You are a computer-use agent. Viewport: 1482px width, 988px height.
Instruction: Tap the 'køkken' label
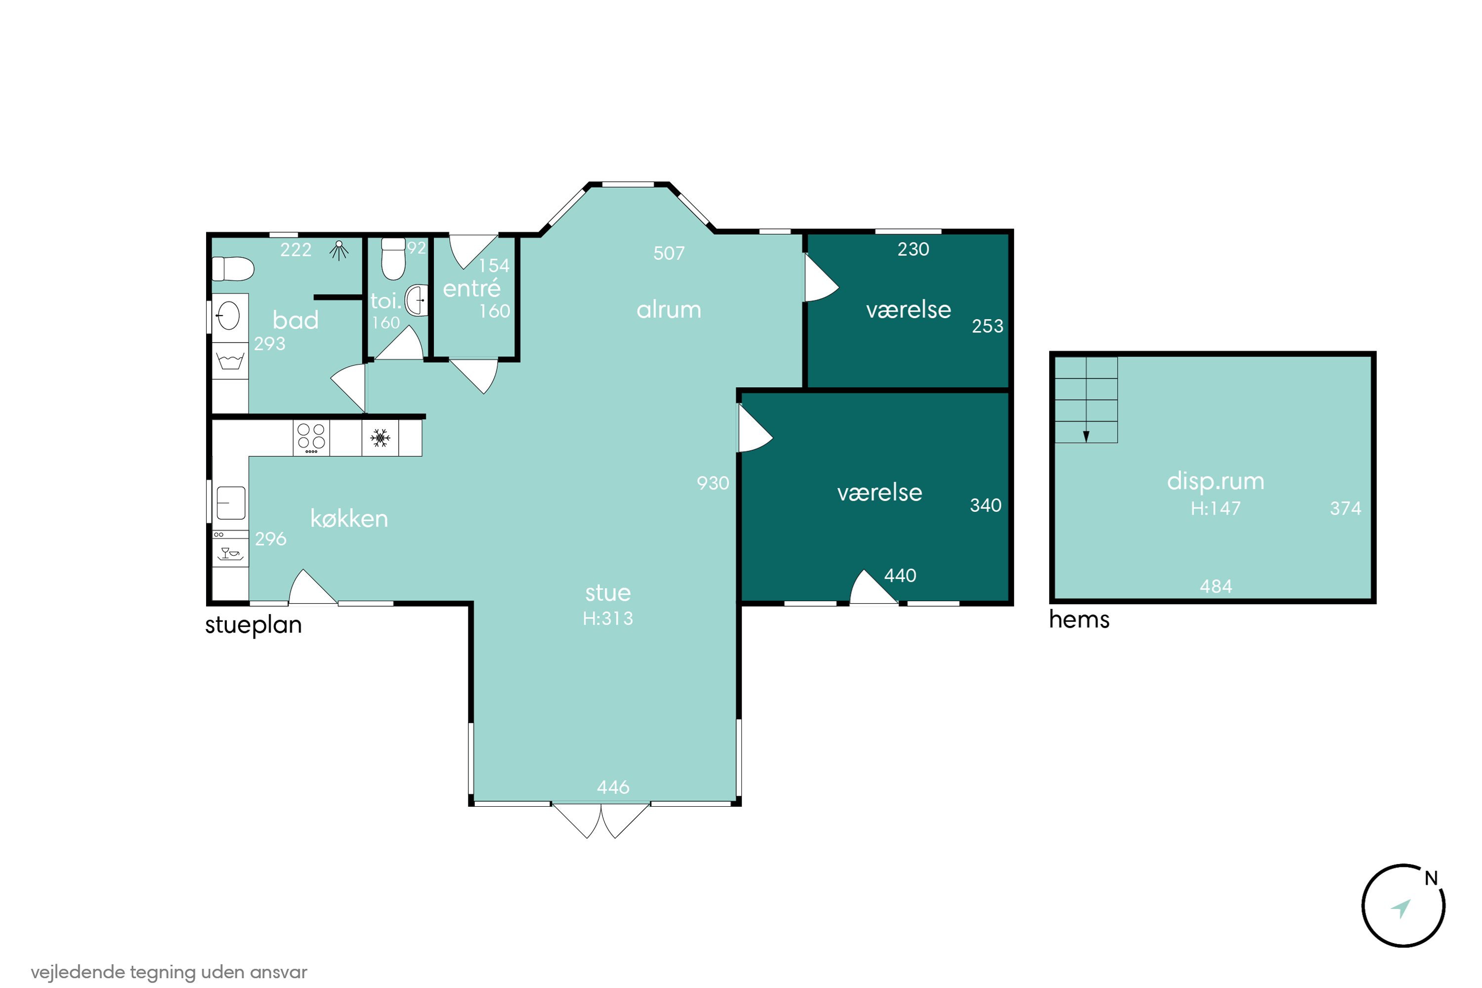(349, 519)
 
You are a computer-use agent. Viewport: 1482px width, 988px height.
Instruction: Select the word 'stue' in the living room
(608, 593)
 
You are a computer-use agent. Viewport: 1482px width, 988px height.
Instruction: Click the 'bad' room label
(296, 320)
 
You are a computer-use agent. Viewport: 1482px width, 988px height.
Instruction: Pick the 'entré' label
(471, 288)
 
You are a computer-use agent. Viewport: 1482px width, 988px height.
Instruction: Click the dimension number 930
(713, 483)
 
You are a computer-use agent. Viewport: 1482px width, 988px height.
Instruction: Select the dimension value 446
(613, 787)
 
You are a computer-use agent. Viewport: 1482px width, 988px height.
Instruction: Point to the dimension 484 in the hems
(1216, 587)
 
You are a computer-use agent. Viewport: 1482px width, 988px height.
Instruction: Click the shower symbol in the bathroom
(339, 250)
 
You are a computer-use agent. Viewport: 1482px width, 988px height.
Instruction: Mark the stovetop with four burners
(311, 438)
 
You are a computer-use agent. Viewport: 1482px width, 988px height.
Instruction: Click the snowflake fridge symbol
(380, 438)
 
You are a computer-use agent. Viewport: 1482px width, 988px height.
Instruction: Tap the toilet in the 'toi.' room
(393, 258)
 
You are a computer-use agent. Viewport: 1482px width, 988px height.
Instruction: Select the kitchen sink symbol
(231, 503)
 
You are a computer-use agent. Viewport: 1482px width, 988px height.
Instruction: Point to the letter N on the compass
(1431, 878)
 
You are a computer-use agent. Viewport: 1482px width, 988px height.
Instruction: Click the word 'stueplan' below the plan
(254, 625)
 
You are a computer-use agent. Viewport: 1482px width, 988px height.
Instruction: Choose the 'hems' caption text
(1079, 620)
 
